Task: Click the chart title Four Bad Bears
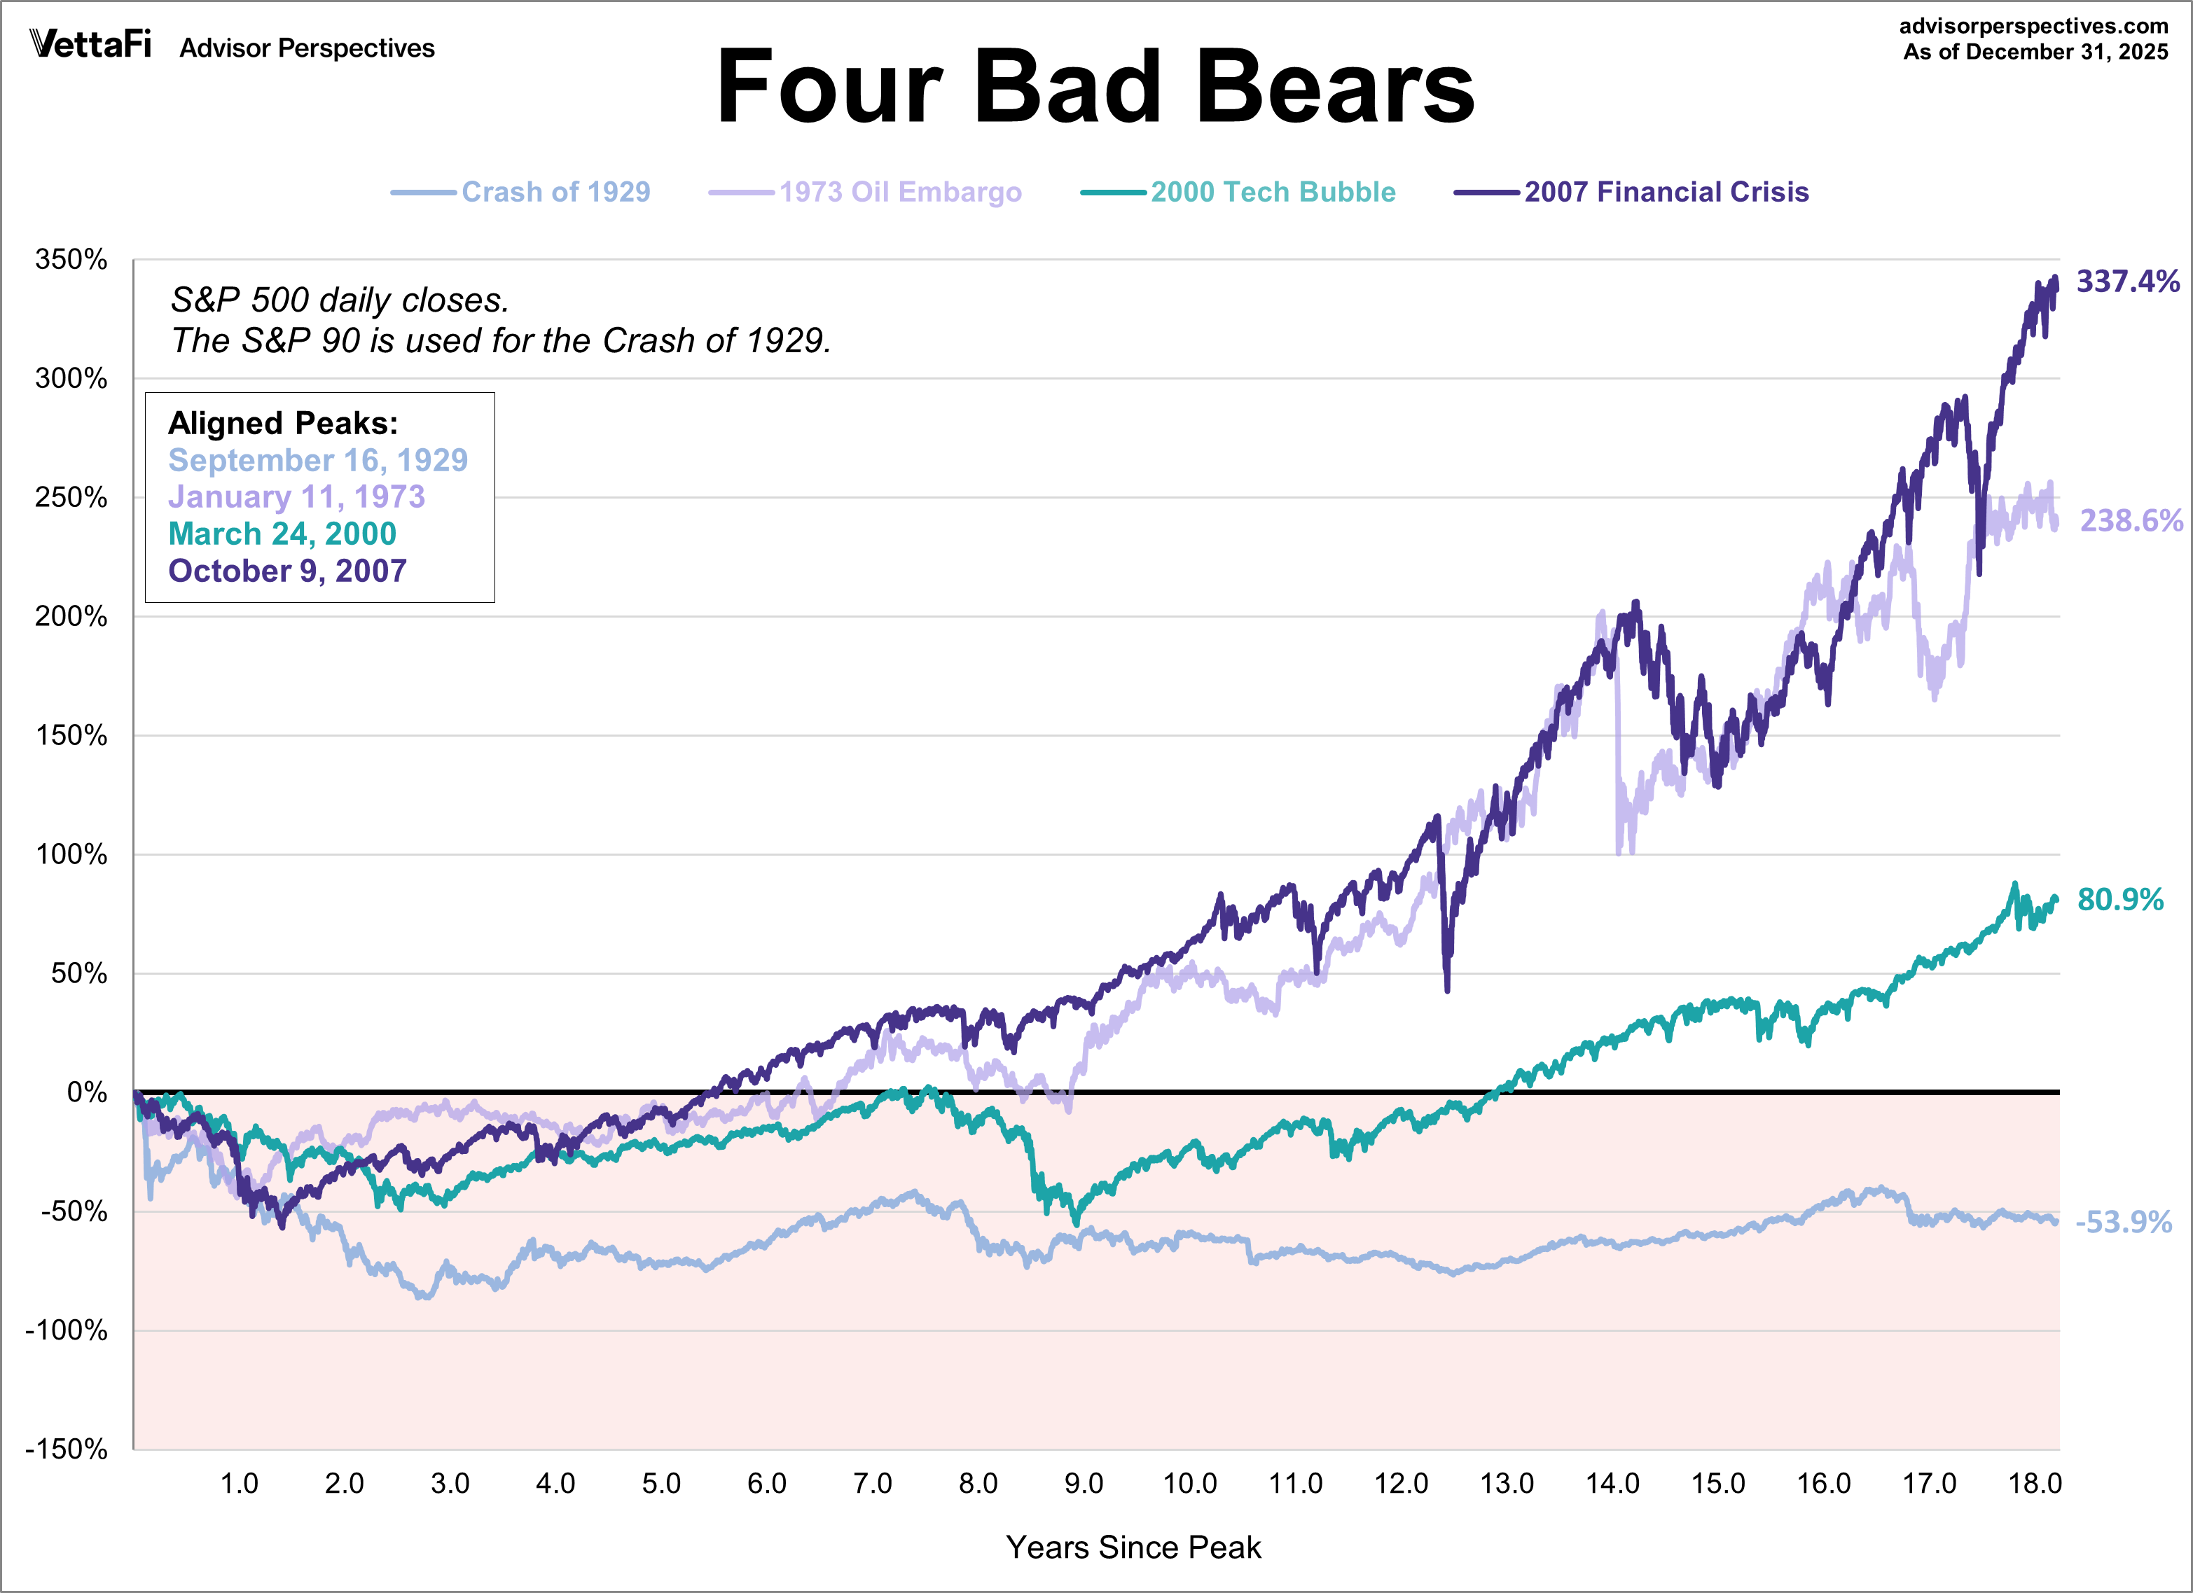(x=1095, y=87)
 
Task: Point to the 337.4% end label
(x=2127, y=281)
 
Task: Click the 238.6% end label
(x=2130, y=521)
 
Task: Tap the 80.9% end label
(x=2119, y=900)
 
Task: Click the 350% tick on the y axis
(x=71, y=259)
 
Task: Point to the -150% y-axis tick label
(x=67, y=1448)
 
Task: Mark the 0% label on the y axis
(x=87, y=1092)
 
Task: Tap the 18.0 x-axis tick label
(x=2035, y=1483)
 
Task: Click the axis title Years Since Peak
(x=1133, y=1547)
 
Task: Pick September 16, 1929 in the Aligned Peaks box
(x=318, y=460)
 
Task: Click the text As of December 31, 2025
(x=2035, y=53)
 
